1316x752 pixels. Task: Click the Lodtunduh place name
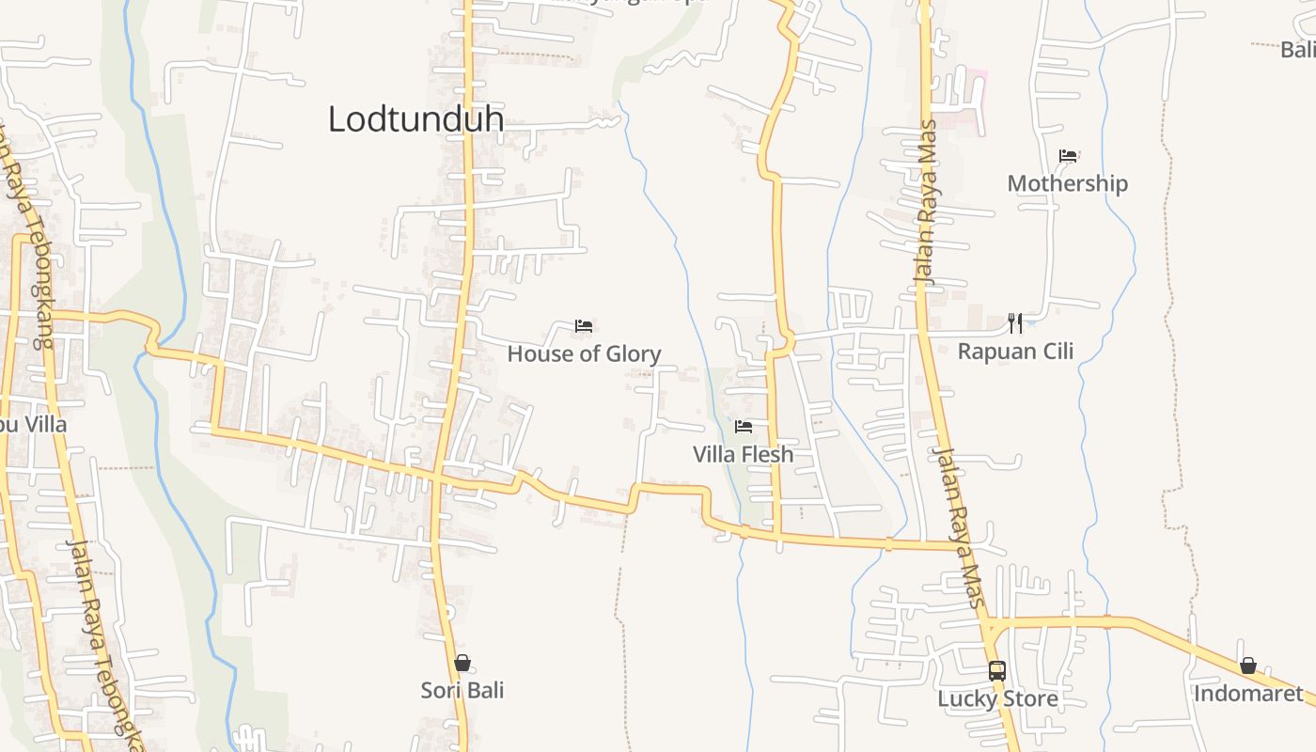click(x=415, y=119)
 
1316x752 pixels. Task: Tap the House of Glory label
click(x=584, y=353)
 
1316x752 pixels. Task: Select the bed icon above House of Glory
click(x=584, y=326)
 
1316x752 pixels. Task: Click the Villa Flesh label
click(x=743, y=454)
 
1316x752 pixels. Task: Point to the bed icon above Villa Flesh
click(x=744, y=427)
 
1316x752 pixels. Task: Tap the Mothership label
click(x=1067, y=182)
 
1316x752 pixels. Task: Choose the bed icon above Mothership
click(x=1068, y=156)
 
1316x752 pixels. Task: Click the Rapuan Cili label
click(x=1015, y=351)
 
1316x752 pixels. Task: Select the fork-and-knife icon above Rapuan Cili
click(x=1015, y=323)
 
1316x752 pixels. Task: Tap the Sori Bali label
click(x=462, y=690)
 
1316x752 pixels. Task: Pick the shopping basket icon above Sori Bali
click(x=462, y=663)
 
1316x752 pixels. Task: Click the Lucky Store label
click(x=997, y=698)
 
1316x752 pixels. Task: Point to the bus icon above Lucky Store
click(x=997, y=671)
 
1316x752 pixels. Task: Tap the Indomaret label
click(x=1248, y=694)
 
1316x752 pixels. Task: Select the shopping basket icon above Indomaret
click(x=1248, y=666)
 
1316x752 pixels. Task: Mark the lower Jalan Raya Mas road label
click(x=959, y=526)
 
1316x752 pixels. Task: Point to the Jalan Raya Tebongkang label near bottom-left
click(x=103, y=639)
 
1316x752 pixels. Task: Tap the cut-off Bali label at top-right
click(x=1298, y=50)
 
